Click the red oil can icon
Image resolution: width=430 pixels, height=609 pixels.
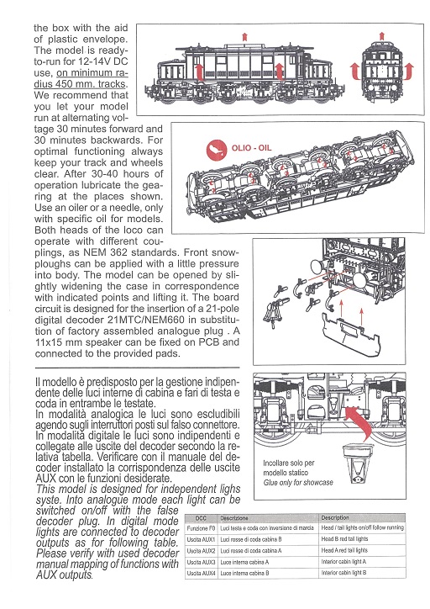pyautogui.click(x=217, y=150)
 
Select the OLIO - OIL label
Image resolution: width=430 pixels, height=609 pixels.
pyautogui.click(x=251, y=148)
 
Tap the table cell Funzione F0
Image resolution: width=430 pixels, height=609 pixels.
pyautogui.click(x=201, y=528)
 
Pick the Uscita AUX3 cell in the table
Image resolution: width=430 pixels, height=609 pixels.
pyautogui.click(x=201, y=562)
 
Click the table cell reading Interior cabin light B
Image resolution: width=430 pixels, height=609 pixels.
pyautogui.click(x=343, y=573)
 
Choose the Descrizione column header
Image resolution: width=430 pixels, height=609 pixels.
pyautogui.click(x=233, y=518)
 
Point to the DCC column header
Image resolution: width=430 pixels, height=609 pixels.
pyautogui.click(x=201, y=518)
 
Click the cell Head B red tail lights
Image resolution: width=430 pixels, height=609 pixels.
pyautogui.click(x=344, y=539)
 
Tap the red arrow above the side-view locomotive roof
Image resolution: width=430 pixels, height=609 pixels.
pyautogui.click(x=244, y=37)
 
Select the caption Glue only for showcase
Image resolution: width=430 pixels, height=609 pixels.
pyautogui.click(x=298, y=482)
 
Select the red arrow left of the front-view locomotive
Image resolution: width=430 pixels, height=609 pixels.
pyautogui.click(x=354, y=71)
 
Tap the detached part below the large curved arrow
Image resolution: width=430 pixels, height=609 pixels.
pyautogui.click(x=359, y=463)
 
